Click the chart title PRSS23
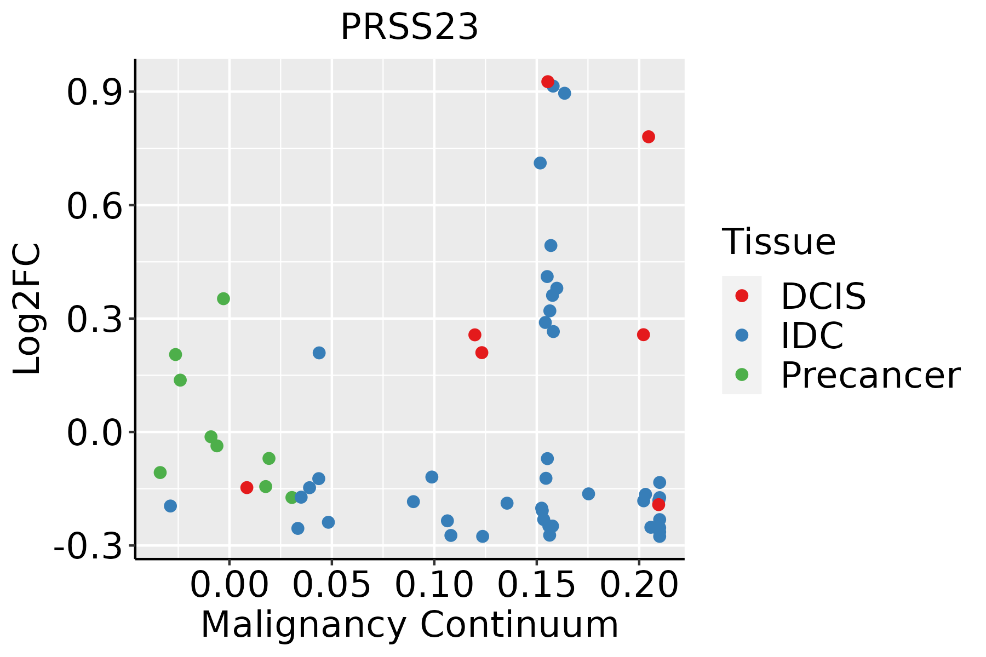[409, 27]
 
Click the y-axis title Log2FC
[27, 309]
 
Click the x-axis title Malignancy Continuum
[409, 625]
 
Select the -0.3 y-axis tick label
[87, 546]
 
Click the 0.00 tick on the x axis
[229, 585]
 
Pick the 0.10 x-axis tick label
[434, 585]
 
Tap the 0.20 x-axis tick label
[639, 585]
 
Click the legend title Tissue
[779, 241]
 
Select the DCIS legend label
[823, 296]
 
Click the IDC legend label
[812, 336]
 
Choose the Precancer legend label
[870, 375]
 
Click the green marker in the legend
[742, 374]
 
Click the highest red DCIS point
[547, 82]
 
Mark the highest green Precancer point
[223, 298]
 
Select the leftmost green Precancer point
[160, 472]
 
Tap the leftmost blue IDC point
[170, 506]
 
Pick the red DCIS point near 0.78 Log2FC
[649, 137]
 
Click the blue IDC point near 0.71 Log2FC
[540, 163]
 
